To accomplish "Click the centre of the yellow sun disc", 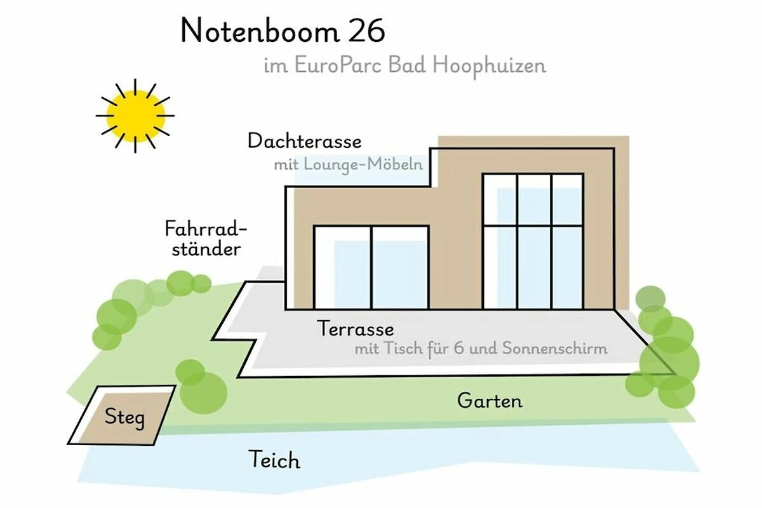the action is tap(135, 116).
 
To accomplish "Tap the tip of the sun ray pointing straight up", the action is tap(135, 79).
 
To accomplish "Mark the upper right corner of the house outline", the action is tap(614, 149).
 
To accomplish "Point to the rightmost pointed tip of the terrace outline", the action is tap(675, 373).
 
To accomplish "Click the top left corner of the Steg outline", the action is tap(98, 387).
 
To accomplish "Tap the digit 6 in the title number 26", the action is tap(375, 31).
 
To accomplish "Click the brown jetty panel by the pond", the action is tap(124, 417).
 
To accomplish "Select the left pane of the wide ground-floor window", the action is tap(343, 268).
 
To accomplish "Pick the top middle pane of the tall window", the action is tap(535, 200).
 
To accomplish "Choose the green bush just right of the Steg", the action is tap(201, 388).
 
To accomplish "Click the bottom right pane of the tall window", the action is tap(566, 267).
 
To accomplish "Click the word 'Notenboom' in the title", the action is tap(260, 31).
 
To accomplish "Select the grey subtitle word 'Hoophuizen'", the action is tap(489, 65).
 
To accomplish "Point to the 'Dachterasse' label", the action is tap(304, 141).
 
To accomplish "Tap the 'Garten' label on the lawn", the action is tap(490, 401).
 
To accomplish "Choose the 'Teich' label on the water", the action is tap(274, 460).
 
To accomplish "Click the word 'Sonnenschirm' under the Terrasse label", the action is tap(555, 348).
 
